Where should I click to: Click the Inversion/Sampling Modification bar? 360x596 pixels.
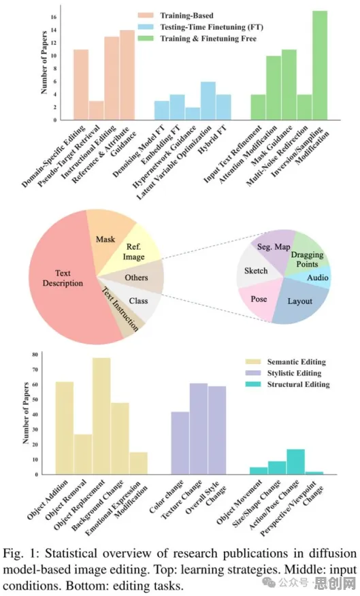[x=320, y=65]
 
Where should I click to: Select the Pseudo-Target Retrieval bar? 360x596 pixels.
[x=97, y=111]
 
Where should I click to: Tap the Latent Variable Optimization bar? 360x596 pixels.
[x=208, y=101]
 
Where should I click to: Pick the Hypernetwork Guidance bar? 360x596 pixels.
[x=193, y=114]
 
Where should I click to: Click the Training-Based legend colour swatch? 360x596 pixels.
[x=146, y=15]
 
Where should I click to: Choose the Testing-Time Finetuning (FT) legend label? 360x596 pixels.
[x=212, y=27]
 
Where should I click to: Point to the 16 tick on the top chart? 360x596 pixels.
[x=54, y=17]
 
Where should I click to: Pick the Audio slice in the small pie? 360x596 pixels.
[x=316, y=277]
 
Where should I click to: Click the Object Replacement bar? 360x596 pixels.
[x=101, y=416]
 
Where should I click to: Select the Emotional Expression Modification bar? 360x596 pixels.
[x=138, y=463]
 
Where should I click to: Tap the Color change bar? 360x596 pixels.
[x=180, y=443]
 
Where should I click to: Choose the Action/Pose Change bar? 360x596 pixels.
[x=296, y=462]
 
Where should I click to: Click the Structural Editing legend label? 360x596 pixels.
[x=299, y=384]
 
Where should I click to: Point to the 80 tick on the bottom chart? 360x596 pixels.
[x=35, y=354]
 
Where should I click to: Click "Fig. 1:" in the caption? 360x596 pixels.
[x=20, y=553]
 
